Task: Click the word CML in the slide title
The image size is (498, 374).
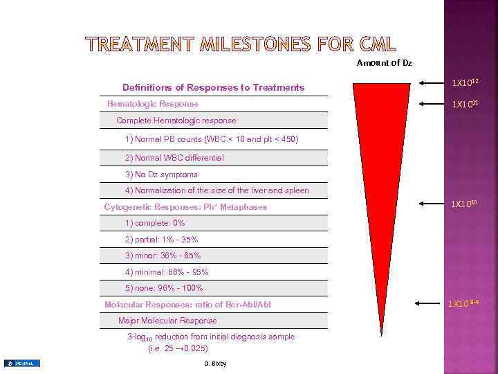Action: [378, 44]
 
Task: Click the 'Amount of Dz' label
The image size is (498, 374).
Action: [384, 63]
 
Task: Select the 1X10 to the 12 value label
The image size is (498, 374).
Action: [465, 83]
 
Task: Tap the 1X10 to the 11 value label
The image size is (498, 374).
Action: [465, 104]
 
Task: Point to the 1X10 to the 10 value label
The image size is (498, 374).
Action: [464, 204]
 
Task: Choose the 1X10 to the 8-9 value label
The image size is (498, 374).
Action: [463, 303]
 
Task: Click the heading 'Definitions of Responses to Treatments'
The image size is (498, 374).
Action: [213, 87]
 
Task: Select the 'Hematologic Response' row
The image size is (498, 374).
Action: [153, 104]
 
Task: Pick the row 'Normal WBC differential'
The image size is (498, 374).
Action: [174, 158]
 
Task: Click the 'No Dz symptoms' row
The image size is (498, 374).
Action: [161, 175]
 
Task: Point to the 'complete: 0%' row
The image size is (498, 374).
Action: [155, 223]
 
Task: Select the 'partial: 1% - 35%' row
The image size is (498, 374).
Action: [161, 240]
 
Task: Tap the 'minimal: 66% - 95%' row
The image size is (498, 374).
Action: [167, 272]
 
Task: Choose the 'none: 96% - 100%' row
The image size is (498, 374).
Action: [164, 288]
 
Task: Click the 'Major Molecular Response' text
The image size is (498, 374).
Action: [167, 321]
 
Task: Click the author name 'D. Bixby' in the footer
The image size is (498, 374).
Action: [216, 364]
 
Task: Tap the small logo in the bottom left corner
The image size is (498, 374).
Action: [22, 364]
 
